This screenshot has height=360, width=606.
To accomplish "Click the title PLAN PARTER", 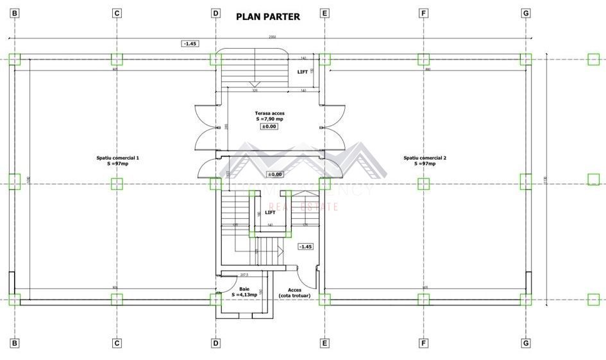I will pos(268,17).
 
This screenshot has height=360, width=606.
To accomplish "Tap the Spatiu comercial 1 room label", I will pos(117,160).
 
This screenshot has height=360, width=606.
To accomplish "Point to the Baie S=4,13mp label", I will pos(244,292).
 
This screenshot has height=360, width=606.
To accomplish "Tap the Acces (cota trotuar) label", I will pos(294,293).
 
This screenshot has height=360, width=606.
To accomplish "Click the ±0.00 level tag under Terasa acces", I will pos(269,126).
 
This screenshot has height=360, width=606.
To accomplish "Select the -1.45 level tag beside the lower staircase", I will pos(305,246).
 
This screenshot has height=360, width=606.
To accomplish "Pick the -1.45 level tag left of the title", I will pos(190,44).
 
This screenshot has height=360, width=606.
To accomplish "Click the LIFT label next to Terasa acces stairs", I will pos(302,72).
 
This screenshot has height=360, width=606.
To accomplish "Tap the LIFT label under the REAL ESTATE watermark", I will pos(271,212).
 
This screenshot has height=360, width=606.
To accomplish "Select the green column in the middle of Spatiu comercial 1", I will pos(116,184).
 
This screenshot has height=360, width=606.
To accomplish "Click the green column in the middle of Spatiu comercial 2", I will pos(423,184).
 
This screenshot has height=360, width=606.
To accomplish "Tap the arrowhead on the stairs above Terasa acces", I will pos(254,84).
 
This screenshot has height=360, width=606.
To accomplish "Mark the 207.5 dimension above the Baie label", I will pos(244,275).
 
